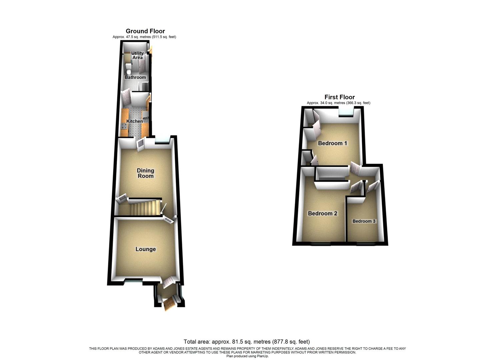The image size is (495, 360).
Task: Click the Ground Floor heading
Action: [x=145, y=31]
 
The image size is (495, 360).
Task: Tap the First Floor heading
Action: [x=340, y=97]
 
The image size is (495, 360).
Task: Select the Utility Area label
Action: [x=137, y=55]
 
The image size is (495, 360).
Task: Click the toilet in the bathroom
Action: [x=128, y=70]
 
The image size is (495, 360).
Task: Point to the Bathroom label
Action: [x=135, y=77]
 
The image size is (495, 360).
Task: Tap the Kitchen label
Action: [x=135, y=121]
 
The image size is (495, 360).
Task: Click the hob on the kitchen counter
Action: [x=124, y=126]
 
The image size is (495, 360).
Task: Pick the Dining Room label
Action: [x=146, y=173]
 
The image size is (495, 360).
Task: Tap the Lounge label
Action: [x=146, y=249]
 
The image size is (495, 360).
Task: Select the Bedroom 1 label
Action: [x=332, y=143]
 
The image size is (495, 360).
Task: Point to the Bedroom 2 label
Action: [x=322, y=213]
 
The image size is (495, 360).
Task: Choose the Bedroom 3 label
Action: [x=364, y=221]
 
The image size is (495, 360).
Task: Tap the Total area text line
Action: [x=247, y=342]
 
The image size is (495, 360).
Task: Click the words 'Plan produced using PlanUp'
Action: [x=247, y=356]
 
